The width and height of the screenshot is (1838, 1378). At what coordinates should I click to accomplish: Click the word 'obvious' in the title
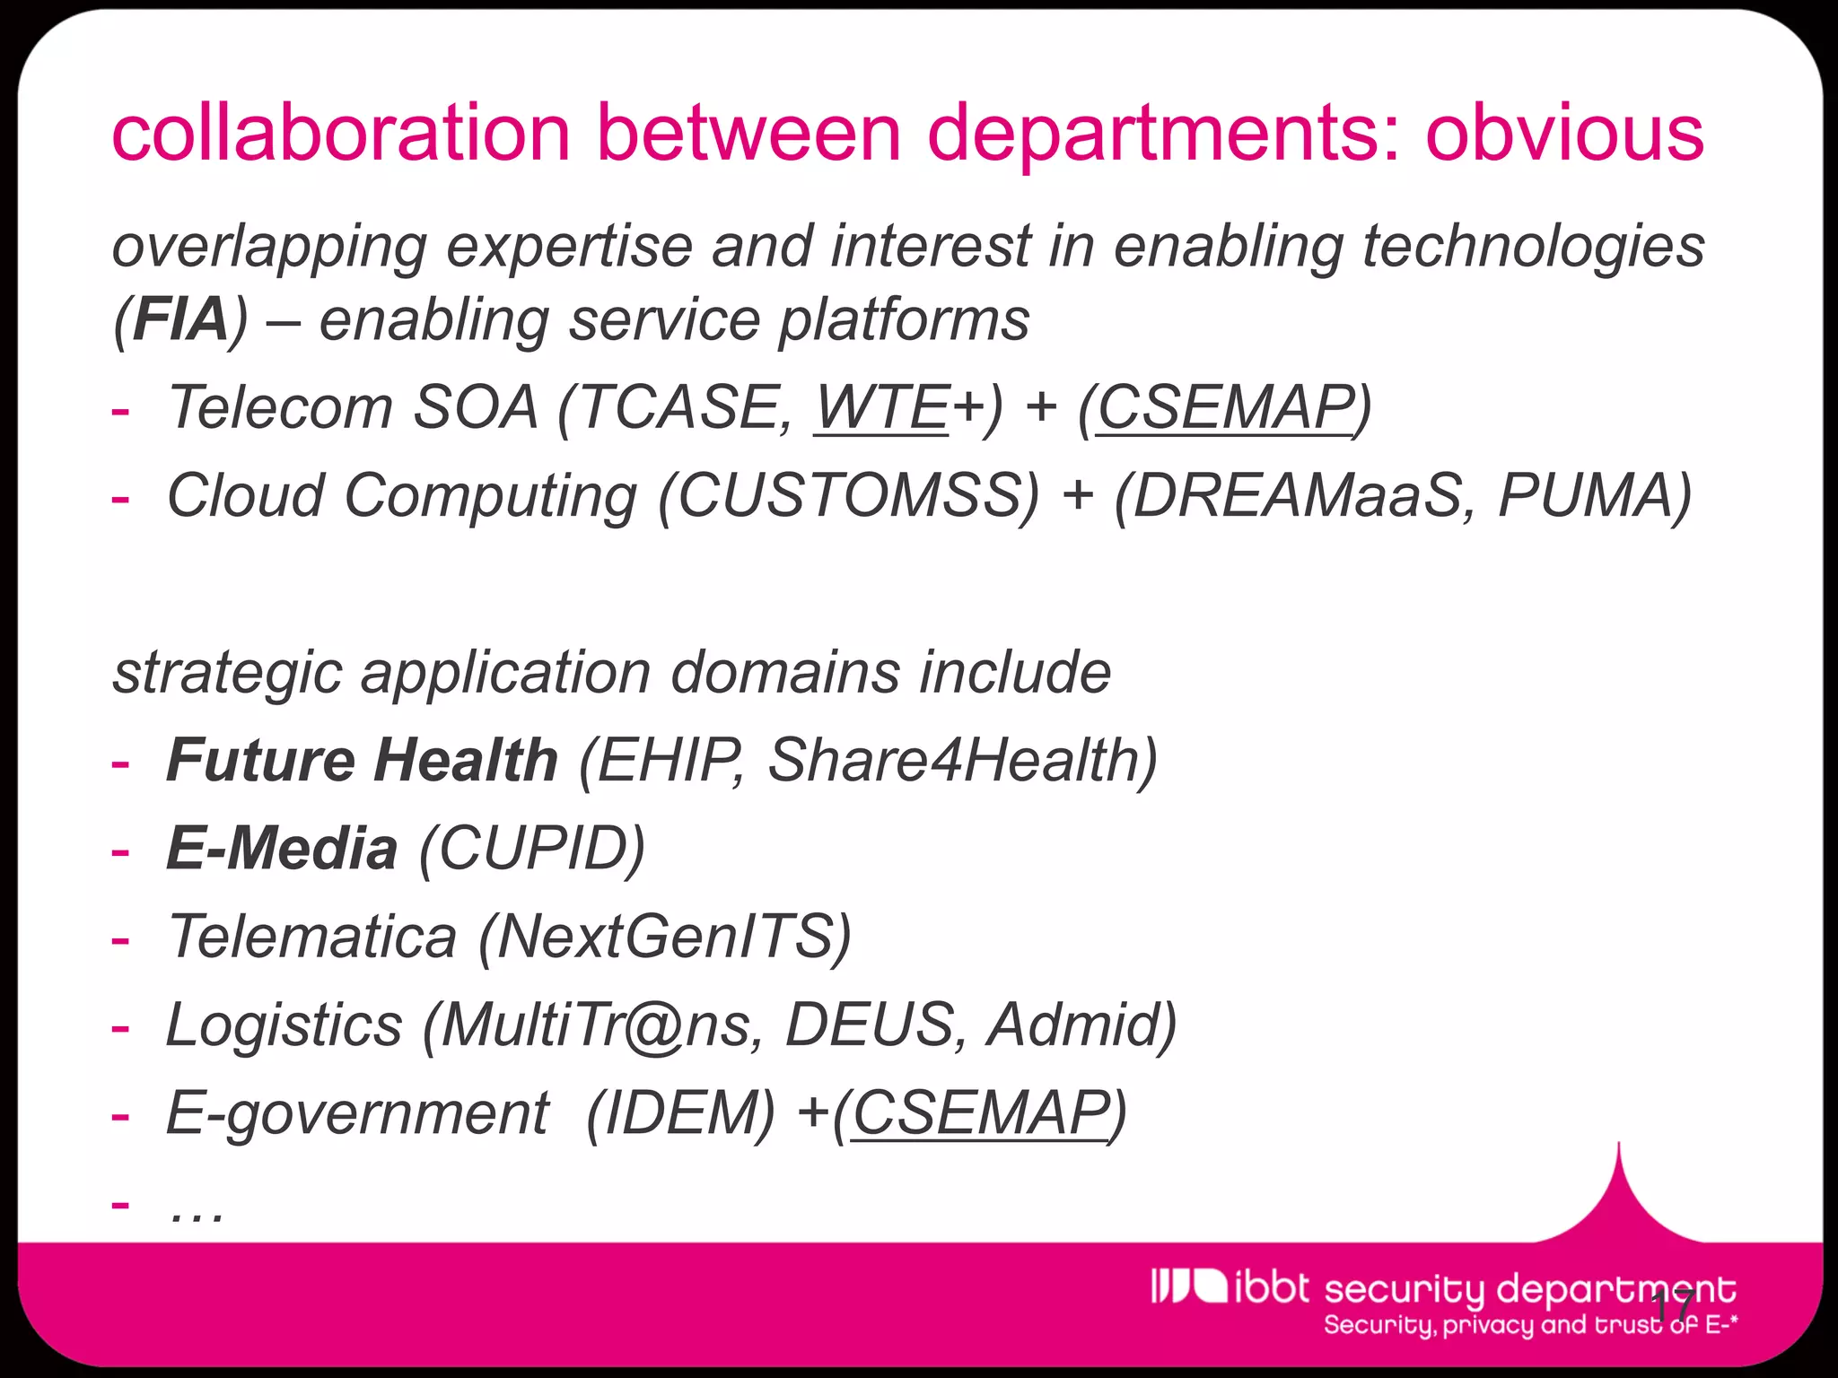pos(1563,133)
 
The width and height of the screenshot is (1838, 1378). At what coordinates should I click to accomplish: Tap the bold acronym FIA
pos(180,320)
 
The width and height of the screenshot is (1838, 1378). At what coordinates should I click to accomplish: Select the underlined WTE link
pos(881,408)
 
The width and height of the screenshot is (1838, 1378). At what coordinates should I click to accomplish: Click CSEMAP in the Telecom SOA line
pos(1225,408)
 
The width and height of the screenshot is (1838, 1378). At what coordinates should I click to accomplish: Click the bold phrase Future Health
pos(362,761)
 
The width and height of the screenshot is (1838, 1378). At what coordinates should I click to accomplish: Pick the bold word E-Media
pos(282,849)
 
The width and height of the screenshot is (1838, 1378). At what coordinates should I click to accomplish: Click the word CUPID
pos(531,849)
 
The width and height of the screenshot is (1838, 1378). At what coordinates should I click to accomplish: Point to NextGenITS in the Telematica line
pos(664,937)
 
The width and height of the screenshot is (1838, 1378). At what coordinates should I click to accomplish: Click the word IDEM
pos(679,1113)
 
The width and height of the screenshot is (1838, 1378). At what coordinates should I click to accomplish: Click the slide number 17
pos(1673,1307)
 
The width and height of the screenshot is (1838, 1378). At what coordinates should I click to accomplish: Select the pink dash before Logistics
pos(120,1027)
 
